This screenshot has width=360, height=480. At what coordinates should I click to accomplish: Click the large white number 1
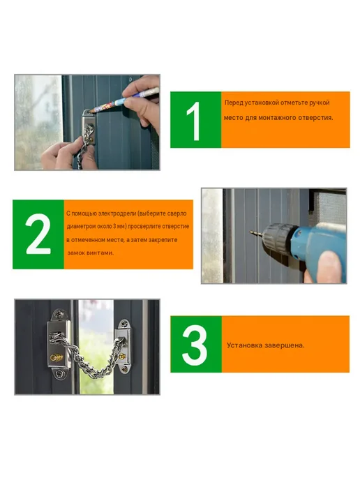click(194, 121)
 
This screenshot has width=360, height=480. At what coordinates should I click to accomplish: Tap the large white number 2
click(38, 234)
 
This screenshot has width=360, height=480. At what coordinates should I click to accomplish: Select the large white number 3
click(195, 345)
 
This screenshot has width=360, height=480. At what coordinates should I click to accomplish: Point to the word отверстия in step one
click(317, 117)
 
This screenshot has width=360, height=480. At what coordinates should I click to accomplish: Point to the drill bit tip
click(251, 232)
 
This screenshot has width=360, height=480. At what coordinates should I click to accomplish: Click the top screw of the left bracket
click(59, 315)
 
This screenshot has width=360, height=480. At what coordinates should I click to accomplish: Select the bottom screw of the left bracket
click(59, 373)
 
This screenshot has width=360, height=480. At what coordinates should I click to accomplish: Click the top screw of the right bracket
click(124, 324)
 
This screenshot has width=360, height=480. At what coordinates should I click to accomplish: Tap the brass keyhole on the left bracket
click(57, 357)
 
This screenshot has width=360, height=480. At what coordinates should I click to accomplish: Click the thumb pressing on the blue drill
click(330, 266)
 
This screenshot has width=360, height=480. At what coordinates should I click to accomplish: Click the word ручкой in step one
click(320, 103)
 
